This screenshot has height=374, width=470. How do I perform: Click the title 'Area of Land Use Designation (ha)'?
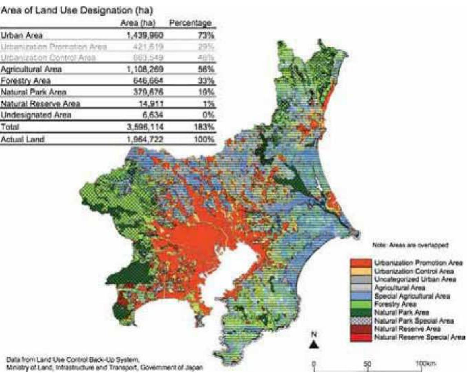(76, 11)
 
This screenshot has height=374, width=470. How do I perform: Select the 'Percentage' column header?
(190, 23)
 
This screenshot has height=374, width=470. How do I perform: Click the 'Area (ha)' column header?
(138, 23)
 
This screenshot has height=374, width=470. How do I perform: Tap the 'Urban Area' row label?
(22, 35)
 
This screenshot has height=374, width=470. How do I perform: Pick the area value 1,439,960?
(145, 35)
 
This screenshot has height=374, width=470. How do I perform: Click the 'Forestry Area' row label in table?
(26, 81)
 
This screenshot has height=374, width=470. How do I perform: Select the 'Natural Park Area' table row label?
(33, 92)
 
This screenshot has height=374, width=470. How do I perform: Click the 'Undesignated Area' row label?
(36, 115)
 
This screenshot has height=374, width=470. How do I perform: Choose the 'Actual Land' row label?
(22, 139)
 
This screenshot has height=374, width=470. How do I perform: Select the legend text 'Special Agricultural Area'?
(412, 296)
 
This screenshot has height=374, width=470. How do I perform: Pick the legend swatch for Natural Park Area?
(361, 312)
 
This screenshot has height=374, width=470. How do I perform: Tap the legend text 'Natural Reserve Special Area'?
(420, 337)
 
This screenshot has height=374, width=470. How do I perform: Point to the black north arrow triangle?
(314, 345)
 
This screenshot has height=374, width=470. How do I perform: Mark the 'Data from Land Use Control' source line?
(72, 358)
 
